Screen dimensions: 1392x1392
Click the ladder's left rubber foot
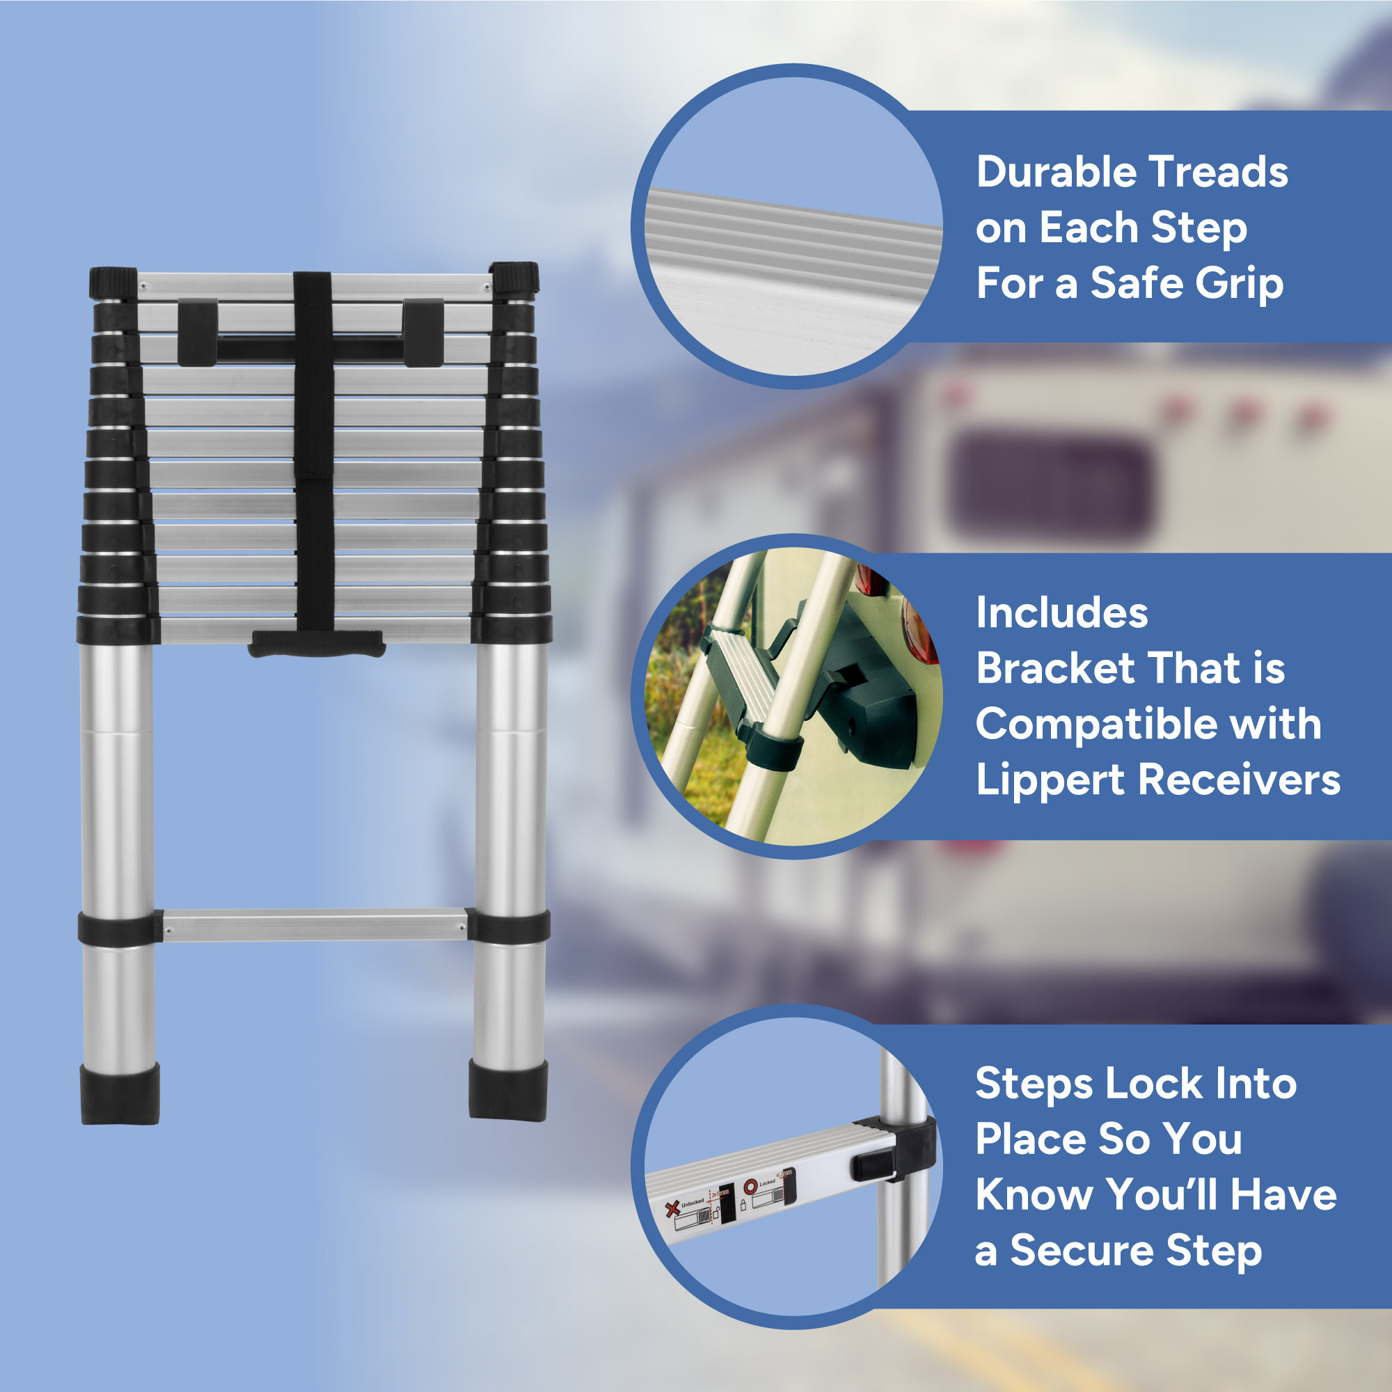pyautogui.click(x=120, y=1093)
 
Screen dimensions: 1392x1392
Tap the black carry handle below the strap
pyautogui.click(x=316, y=643)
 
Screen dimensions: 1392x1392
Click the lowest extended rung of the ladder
pyautogui.click(x=315, y=926)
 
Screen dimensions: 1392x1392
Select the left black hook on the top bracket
pyautogui.click(x=198, y=332)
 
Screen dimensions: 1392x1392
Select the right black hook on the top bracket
pyautogui.click(x=423, y=332)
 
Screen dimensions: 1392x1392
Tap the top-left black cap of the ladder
pyautogui.click(x=113, y=282)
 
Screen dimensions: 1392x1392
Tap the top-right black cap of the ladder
pyautogui.click(x=515, y=278)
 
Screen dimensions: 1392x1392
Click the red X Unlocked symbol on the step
pyautogui.click(x=672, y=1208)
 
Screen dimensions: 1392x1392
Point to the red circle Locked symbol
pyautogui.click(x=751, y=1185)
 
